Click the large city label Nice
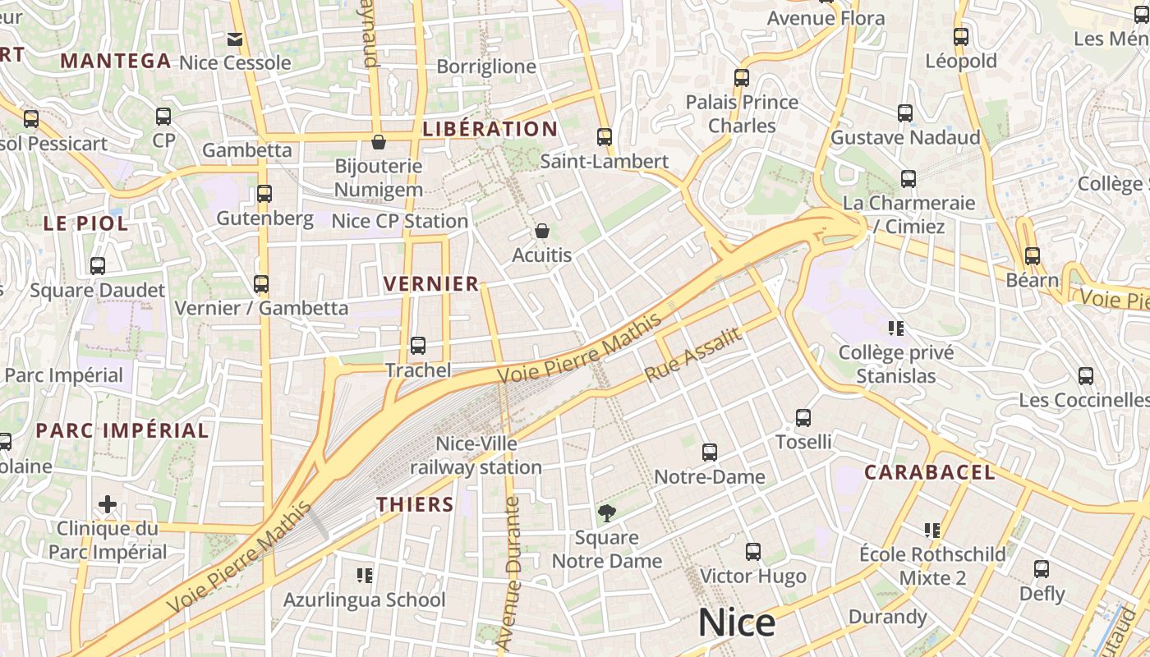[x=736, y=623]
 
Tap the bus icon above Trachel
[x=417, y=346]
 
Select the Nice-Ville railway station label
[x=476, y=456]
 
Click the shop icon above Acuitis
[x=541, y=231]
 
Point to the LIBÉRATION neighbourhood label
[x=490, y=129]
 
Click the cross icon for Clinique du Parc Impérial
[x=108, y=503]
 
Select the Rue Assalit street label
[x=693, y=355]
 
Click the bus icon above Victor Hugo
[x=752, y=552]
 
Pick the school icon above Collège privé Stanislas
[x=896, y=328]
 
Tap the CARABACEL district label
[x=929, y=472]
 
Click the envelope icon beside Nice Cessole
[x=235, y=39]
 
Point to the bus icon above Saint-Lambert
[x=605, y=137]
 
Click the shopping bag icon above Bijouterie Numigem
[x=379, y=142]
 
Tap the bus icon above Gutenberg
[x=264, y=194]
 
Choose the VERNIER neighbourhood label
[x=431, y=284]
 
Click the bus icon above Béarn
[x=1032, y=255]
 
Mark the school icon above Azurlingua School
[x=365, y=576]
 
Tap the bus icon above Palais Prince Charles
[x=742, y=78]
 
